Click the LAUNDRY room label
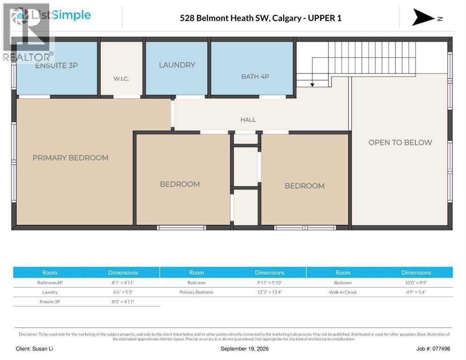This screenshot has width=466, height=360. point(177,65)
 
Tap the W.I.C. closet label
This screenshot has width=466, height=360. point(121,79)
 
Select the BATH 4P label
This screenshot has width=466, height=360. point(255,76)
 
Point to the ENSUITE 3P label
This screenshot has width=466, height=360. point(56,66)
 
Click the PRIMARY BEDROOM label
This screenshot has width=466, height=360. point(70,158)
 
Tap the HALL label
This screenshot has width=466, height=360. point(248,120)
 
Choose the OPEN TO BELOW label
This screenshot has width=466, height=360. point(400,142)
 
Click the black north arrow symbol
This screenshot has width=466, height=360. point(422,17)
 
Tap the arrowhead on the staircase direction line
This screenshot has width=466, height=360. point(312,85)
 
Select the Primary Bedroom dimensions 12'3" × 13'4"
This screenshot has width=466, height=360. point(270,292)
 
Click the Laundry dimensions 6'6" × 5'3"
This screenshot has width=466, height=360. point(123,292)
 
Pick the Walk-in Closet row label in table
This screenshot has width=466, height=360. point(343,292)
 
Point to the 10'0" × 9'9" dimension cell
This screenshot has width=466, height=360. point(416,283)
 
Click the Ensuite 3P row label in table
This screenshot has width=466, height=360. point(50,302)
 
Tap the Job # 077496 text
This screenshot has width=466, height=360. point(433,349)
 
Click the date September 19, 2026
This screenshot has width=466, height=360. point(244,349)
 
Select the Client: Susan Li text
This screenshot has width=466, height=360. point(35,349)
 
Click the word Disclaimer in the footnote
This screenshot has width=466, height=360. point(28,334)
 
